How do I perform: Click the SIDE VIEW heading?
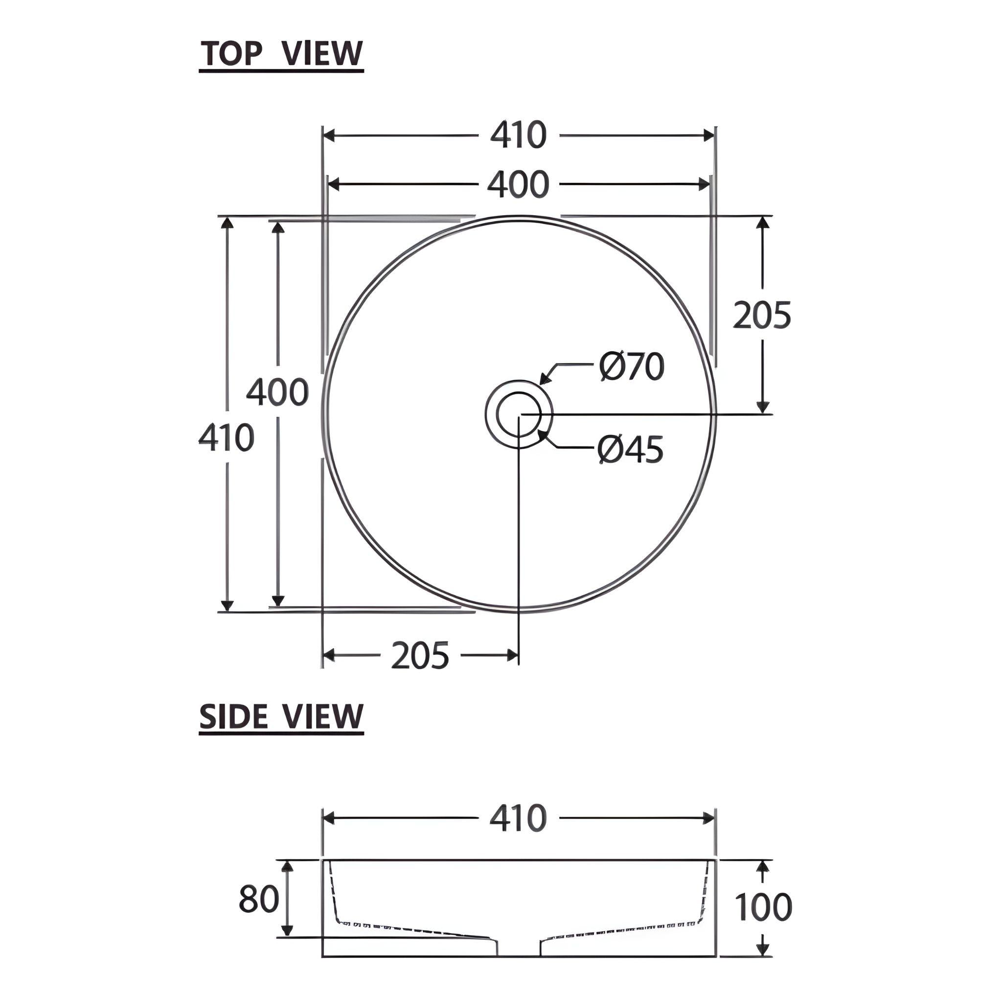pyautogui.click(x=282, y=717)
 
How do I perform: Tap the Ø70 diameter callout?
pyautogui.click(x=631, y=366)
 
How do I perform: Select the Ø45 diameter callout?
pyautogui.click(x=630, y=449)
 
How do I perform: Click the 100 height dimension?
pyautogui.click(x=763, y=907)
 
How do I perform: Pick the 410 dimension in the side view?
pyautogui.click(x=518, y=819)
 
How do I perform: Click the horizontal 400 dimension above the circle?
pyautogui.click(x=518, y=184)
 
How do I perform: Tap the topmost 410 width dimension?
pyautogui.click(x=518, y=136)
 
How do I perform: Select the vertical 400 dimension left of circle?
pyautogui.click(x=277, y=392)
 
